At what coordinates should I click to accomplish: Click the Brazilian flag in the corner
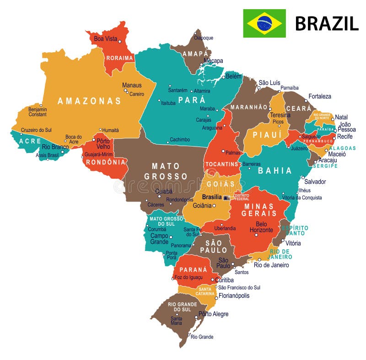pyautogui.click(x=264, y=23)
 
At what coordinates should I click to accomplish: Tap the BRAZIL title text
pyautogui.click(x=326, y=23)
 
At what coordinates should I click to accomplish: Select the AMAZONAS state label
pyautogui.click(x=89, y=101)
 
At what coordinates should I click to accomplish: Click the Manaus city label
pyautogui.click(x=131, y=85)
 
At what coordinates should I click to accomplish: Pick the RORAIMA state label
pyautogui.click(x=119, y=58)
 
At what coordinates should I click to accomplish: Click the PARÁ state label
pyautogui.click(x=192, y=100)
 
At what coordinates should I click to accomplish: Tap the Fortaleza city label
pyautogui.click(x=320, y=97)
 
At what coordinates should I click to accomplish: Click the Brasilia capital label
pyautogui.click(x=212, y=197)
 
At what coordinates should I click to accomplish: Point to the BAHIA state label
pyautogui.click(x=274, y=171)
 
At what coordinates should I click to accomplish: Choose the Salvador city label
pyautogui.click(x=315, y=182)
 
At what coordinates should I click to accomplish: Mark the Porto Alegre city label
pyautogui.click(x=214, y=314)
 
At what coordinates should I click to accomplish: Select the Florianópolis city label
pyautogui.click(x=234, y=296)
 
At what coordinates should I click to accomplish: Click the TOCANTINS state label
pyautogui.click(x=222, y=164)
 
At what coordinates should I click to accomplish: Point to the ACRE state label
pyautogui.click(x=30, y=141)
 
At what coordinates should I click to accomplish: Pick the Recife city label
pyautogui.click(x=345, y=136)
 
